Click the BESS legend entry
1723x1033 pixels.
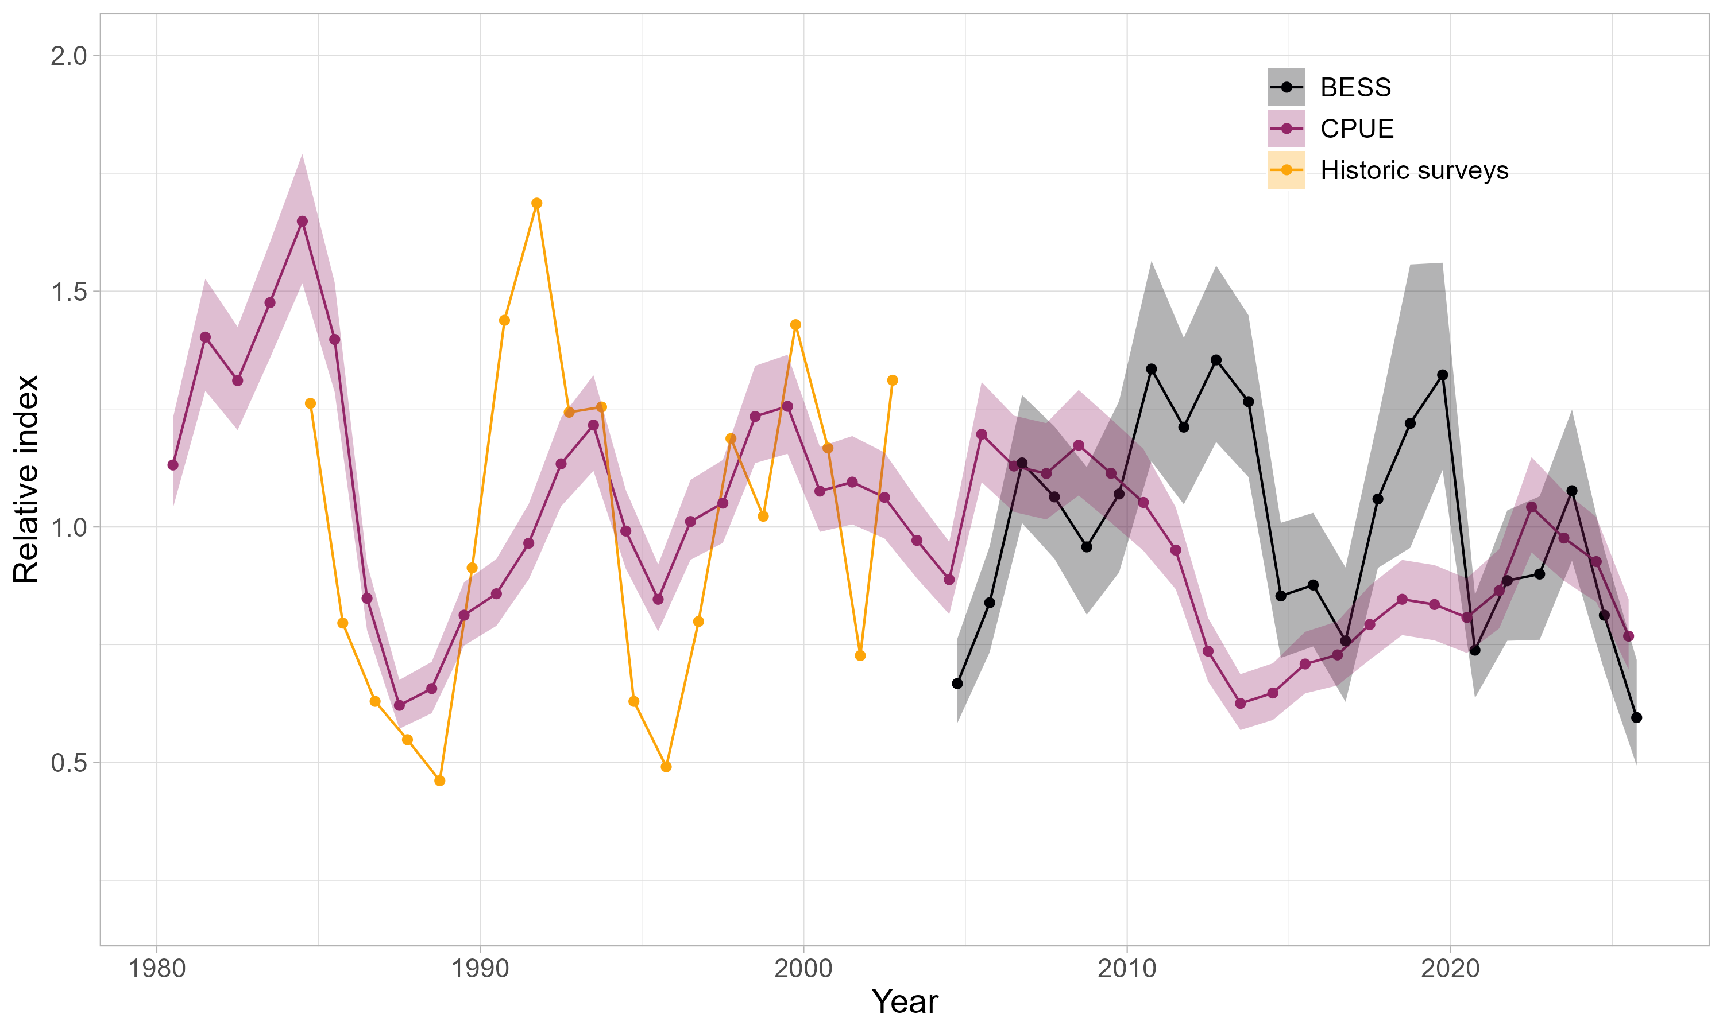click(1355, 88)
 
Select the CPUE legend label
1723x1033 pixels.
click(1356, 129)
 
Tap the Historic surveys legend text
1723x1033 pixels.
click(1414, 170)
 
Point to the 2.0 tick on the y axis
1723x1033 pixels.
click(68, 56)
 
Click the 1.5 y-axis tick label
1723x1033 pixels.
click(68, 292)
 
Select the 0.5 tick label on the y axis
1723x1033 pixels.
click(68, 763)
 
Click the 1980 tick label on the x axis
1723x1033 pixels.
click(157, 968)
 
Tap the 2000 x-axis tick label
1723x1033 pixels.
click(803, 968)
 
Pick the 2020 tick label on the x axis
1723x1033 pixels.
click(1450, 968)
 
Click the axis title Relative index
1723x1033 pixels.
click(26, 479)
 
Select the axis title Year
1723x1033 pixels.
click(904, 1001)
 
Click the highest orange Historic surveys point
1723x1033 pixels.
click(536, 203)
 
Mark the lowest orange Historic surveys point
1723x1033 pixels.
click(439, 781)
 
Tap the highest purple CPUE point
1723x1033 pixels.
click(302, 222)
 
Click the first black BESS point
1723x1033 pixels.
click(957, 684)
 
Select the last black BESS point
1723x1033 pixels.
click(1637, 718)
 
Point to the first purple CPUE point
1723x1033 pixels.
click(173, 465)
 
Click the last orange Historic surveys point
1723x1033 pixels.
click(892, 380)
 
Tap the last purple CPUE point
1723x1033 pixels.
click(1628, 636)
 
